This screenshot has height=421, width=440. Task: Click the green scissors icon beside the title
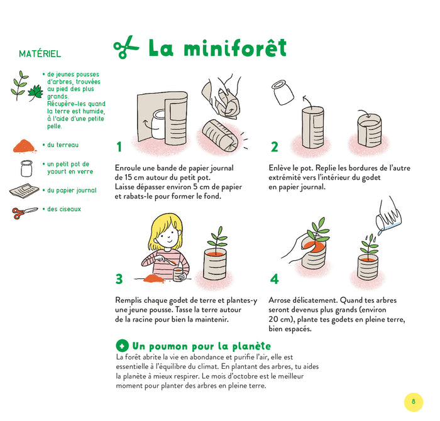coord(126,48)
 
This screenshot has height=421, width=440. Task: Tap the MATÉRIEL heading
coord(40,54)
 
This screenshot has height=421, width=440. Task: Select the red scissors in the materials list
coord(25,212)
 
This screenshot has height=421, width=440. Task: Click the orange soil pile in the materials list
coord(25,145)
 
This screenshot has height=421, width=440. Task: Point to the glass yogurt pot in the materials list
coord(26,168)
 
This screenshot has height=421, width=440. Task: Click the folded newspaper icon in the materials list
coord(25,190)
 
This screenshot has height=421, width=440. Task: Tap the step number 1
coord(119,147)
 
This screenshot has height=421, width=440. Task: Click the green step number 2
coord(274,147)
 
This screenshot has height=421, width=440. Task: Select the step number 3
coord(119,279)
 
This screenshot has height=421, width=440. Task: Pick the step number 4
coord(274,279)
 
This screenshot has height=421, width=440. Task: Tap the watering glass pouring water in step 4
coord(388,214)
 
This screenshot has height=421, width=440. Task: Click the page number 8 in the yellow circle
coord(413,402)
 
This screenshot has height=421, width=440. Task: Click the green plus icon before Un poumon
coord(123,346)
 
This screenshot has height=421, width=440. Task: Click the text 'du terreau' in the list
coord(63,145)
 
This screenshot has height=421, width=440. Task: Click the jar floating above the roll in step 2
coord(283,94)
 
